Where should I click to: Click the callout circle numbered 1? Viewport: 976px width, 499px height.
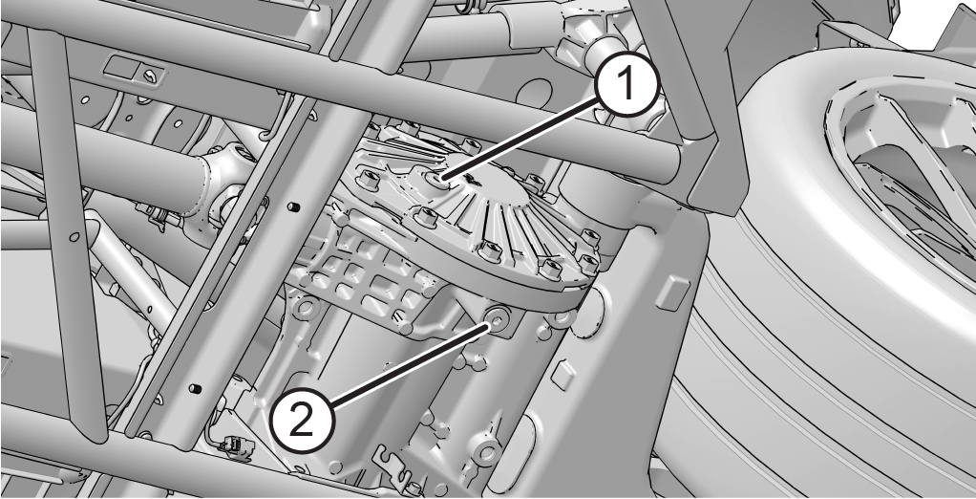[626, 85]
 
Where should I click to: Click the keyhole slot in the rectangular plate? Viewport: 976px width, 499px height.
[150, 76]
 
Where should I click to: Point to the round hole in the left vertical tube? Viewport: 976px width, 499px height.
[74, 237]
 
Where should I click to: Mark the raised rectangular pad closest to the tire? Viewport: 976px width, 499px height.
[673, 293]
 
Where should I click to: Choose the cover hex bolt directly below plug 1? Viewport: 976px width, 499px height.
[426, 217]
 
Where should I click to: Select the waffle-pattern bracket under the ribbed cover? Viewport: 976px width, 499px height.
[364, 279]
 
